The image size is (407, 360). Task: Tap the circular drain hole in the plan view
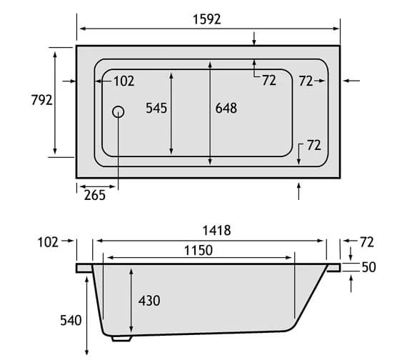(x=119, y=111)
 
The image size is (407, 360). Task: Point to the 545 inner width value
(x=156, y=109)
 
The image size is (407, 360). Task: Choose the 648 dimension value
(x=226, y=109)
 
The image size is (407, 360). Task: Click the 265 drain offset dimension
(x=94, y=194)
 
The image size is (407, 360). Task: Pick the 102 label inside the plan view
(x=123, y=81)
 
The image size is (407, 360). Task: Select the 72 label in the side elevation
(x=368, y=243)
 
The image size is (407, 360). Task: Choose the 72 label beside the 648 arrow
(x=268, y=81)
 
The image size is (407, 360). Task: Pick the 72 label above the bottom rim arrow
(x=313, y=145)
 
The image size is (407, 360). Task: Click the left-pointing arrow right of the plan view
(x=351, y=81)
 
